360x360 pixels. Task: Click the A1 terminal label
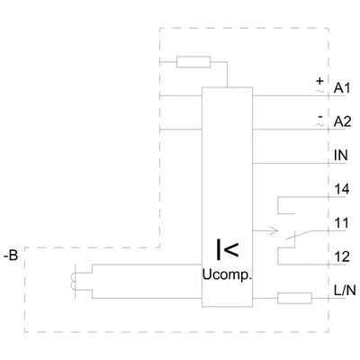[342, 88]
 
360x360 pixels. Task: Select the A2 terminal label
[342, 121]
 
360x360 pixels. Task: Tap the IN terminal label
[341, 156]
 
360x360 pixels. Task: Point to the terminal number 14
[342, 189]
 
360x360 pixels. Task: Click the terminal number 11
[342, 223]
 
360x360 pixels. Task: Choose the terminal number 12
[342, 256]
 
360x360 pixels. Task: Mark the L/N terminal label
[345, 291]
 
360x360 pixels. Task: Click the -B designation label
[11, 256]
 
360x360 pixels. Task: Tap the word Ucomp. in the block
[227, 275]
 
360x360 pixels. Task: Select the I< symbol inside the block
[228, 249]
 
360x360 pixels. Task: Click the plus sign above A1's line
[320, 81]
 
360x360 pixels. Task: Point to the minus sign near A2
[320, 116]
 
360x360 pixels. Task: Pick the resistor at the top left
[193, 62]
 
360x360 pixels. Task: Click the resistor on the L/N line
[295, 298]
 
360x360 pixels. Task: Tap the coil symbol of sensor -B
[73, 282]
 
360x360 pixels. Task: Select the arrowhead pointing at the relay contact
[274, 230]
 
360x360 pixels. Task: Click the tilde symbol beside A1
[320, 91]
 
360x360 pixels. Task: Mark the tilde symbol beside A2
[320, 124]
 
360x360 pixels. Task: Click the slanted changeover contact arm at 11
[299, 235]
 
